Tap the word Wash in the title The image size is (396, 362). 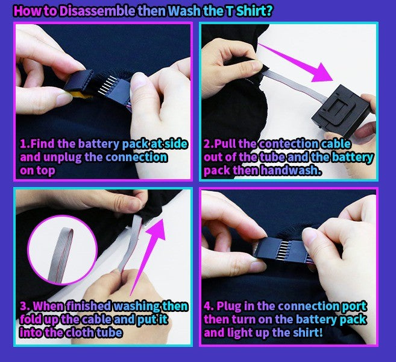[x=184, y=11]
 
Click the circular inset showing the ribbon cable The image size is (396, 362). [x=62, y=250]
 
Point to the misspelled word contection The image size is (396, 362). [x=289, y=144]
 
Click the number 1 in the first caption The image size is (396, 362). [x=24, y=144]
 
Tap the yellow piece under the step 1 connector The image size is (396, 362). [x=78, y=95]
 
